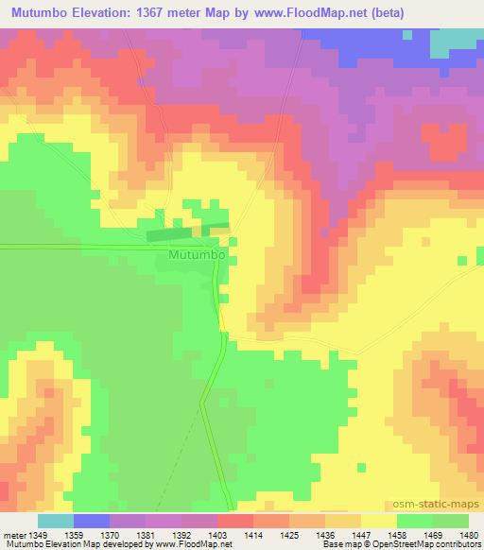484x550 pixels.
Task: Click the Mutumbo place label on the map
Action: pyautogui.click(x=196, y=255)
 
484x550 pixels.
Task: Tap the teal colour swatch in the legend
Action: pyautogui.click(x=55, y=521)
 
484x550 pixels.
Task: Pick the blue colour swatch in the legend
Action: pyautogui.click(x=91, y=521)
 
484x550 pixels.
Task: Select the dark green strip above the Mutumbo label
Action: pyautogui.click(x=187, y=231)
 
